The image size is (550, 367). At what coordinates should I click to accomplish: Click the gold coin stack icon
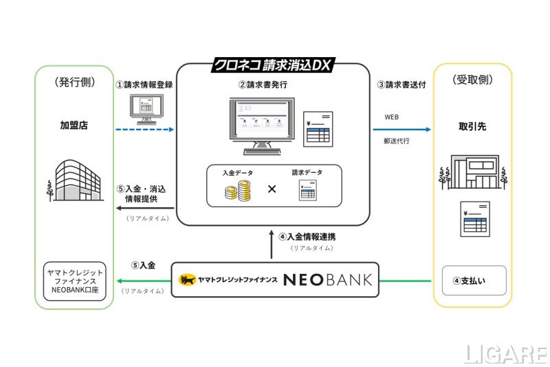click(x=236, y=191)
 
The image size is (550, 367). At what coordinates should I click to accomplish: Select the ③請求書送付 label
click(x=403, y=85)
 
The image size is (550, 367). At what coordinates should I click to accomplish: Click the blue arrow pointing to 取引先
click(x=402, y=129)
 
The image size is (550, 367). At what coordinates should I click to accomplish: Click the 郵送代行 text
click(x=397, y=140)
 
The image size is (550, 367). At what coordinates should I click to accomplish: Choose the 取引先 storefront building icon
click(x=474, y=171)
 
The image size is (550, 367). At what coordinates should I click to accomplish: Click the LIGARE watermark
click(x=505, y=353)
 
